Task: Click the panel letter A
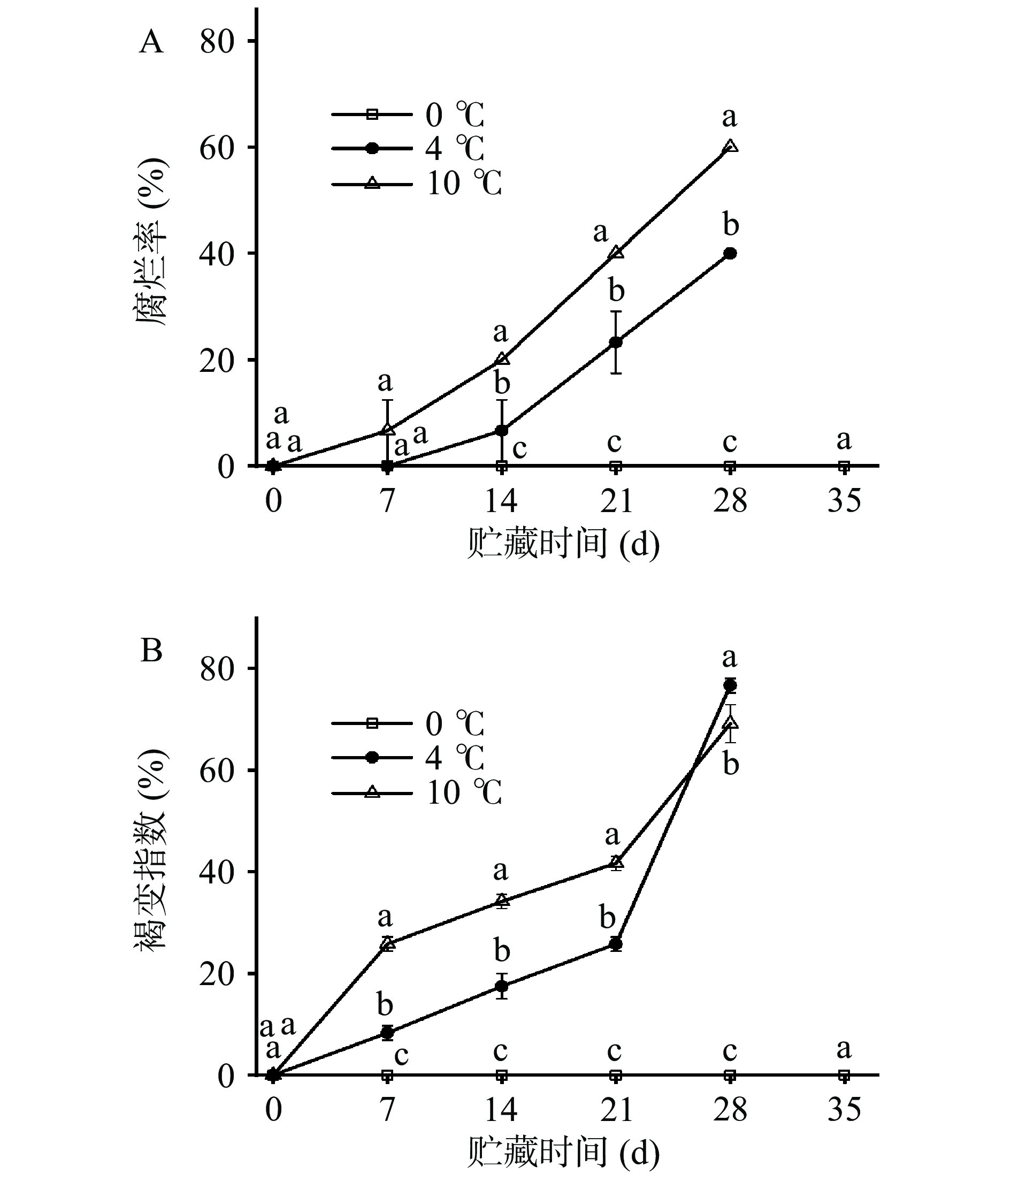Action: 151,42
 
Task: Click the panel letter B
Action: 151,650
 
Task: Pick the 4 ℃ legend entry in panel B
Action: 408,758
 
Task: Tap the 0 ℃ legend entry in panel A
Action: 408,115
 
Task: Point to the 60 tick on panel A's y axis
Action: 217,148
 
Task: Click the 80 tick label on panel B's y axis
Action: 217,668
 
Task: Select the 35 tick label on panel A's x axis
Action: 844,501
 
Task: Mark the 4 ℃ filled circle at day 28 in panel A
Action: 730,253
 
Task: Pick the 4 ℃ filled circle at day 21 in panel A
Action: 616,342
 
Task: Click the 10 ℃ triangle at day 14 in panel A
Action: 502,359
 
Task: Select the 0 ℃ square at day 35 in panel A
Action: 844,466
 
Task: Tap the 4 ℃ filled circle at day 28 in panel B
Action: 730,685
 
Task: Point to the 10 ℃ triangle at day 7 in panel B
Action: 388,943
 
